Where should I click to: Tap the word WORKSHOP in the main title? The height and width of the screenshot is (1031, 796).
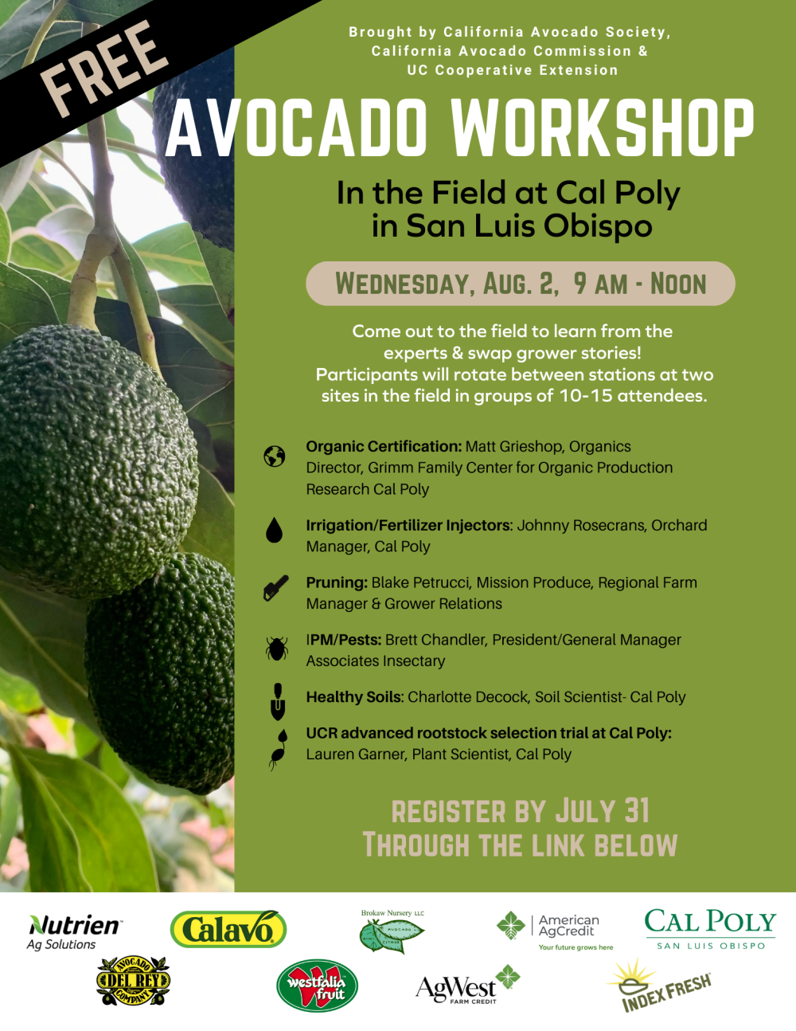[x=603, y=128]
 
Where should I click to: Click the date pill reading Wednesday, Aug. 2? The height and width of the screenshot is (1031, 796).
[x=520, y=284]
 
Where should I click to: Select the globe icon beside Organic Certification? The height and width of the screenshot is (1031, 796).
[x=275, y=457]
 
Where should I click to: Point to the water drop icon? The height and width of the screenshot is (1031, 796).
[x=275, y=530]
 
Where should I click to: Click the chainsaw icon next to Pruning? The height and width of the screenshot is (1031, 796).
[x=275, y=589]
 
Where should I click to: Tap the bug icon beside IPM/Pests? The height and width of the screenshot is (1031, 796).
[x=276, y=648]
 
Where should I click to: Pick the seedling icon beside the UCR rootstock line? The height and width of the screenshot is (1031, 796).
[x=277, y=750]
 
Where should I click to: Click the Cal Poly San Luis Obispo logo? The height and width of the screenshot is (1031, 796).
[x=709, y=929]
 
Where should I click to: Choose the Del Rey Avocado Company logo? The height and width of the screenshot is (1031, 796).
[x=133, y=981]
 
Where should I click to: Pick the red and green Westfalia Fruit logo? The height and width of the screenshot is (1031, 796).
[x=317, y=986]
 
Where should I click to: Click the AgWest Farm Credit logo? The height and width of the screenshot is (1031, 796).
[x=467, y=986]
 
